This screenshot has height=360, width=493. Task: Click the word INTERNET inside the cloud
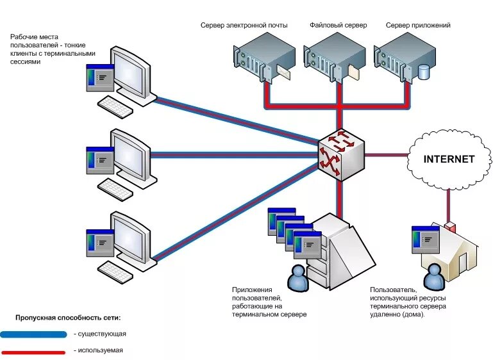click(449, 160)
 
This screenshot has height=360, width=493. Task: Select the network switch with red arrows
click(340, 154)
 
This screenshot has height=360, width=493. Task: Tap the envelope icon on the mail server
click(284, 72)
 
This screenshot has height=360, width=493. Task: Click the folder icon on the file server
click(354, 72)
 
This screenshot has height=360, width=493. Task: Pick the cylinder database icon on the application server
click(424, 72)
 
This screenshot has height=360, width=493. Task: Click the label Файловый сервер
click(338, 25)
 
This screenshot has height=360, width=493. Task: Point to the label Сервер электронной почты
click(244, 25)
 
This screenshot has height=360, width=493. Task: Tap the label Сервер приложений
click(418, 25)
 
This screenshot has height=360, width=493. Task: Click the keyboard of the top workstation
click(115, 107)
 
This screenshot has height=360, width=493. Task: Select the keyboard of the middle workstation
click(115, 190)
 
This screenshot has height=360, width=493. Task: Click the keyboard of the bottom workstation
click(115, 272)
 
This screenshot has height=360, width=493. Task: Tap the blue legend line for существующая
click(33, 334)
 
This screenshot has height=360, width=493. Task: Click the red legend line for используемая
click(33, 352)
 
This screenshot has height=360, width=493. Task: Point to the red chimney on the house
click(450, 227)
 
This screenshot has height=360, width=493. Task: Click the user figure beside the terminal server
click(297, 278)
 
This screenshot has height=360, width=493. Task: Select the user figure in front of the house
click(434, 277)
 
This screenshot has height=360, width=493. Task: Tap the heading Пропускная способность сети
click(68, 318)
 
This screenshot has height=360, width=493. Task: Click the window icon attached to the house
click(426, 240)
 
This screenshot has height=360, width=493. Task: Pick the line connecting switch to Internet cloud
click(387, 155)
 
